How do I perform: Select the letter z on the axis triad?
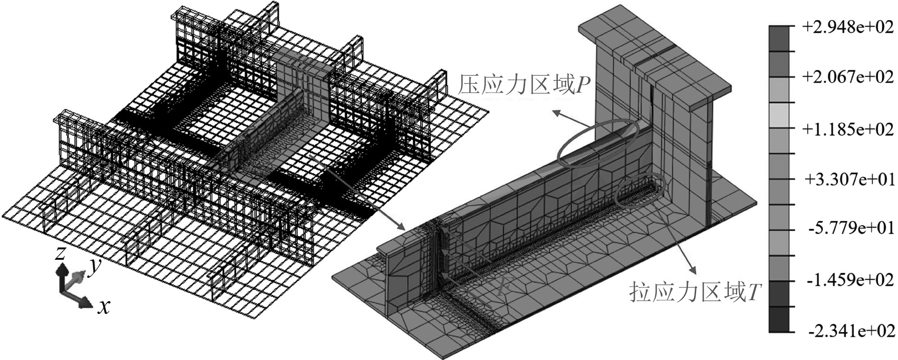coord(59,253)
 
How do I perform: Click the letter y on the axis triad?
coord(95,267)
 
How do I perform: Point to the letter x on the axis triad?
coord(104,307)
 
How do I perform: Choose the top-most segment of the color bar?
coord(779,38)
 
